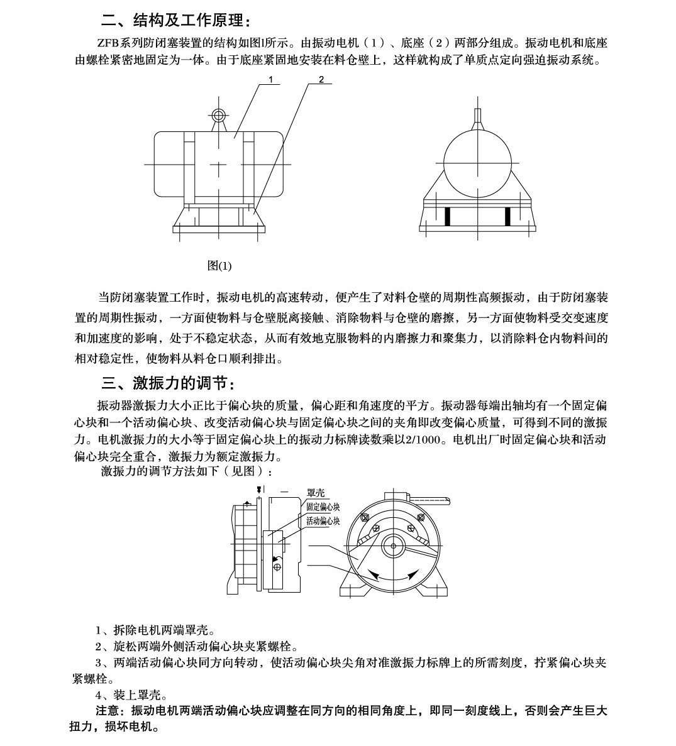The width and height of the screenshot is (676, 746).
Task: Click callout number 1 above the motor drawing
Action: (270, 79)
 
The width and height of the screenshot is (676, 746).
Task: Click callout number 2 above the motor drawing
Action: (321, 79)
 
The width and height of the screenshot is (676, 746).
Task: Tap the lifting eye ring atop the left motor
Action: (218, 115)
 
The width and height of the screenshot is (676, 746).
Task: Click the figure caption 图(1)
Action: (219, 266)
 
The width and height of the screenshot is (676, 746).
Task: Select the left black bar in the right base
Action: (448, 216)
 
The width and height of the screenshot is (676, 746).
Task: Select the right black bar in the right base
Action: (507, 216)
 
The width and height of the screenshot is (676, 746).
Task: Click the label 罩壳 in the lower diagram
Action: (315, 495)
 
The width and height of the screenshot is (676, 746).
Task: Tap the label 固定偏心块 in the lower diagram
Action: (323, 507)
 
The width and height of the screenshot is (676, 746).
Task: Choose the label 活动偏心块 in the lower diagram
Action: (323, 521)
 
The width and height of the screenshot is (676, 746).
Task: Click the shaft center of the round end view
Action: (393, 544)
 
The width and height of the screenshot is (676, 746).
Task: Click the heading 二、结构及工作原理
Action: (175, 21)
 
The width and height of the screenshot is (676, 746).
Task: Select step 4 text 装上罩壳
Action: (131, 695)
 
